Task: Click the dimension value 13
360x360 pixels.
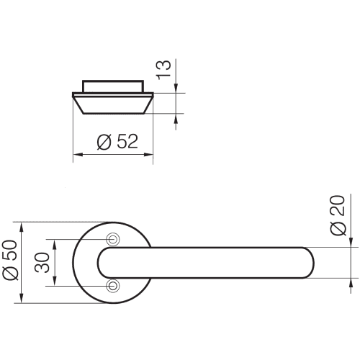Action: coord(165,68)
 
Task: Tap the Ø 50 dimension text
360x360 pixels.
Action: coord(10,263)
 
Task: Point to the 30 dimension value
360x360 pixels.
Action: coord(42,263)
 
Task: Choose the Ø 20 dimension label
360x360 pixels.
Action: coord(338,216)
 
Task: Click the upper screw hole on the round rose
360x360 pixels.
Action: coord(112,239)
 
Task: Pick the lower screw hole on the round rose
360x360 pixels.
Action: coord(112,286)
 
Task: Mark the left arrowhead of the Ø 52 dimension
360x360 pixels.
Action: coord(77,153)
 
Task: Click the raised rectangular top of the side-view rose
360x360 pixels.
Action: coord(112,87)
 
